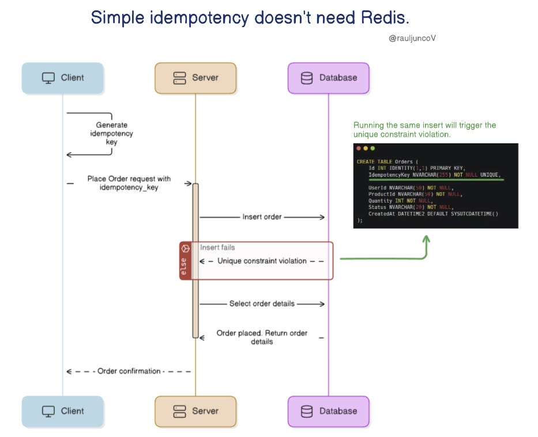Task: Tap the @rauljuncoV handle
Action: pos(412,38)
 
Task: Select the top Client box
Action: pos(63,78)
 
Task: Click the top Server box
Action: pos(195,78)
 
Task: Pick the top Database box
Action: pos(329,78)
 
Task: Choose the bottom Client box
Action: pos(63,411)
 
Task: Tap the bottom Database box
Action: pos(329,411)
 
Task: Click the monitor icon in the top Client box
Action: pos(48,78)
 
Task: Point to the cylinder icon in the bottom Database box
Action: pos(307,411)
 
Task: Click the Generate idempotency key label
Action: pos(111,134)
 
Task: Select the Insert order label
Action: pos(262,217)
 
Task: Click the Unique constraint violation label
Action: pos(262,261)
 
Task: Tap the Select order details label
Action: pos(262,304)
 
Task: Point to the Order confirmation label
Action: pos(129,371)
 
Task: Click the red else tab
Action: pos(185,261)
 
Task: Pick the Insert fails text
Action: pos(217,247)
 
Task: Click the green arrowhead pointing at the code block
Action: pos(426,239)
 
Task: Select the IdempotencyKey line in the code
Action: pos(434,175)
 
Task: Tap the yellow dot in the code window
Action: pos(366,149)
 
